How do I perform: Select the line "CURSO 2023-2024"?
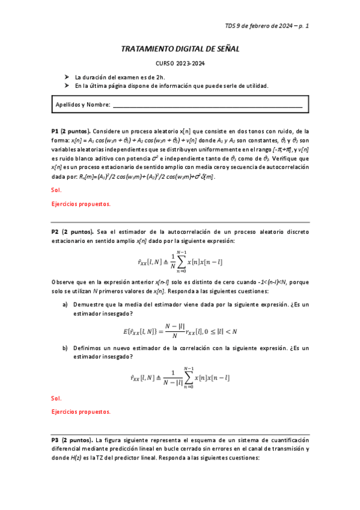pyautogui.click(x=180, y=64)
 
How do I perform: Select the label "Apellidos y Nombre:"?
pyautogui.click(x=82, y=105)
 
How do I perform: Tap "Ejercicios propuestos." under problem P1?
pyautogui.click(x=81, y=204)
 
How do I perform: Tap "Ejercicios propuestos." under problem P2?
pyautogui.click(x=81, y=412)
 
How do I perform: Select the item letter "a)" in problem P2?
pyautogui.click(x=66, y=305)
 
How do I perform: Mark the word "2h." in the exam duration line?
pyautogui.click(x=160, y=78)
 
